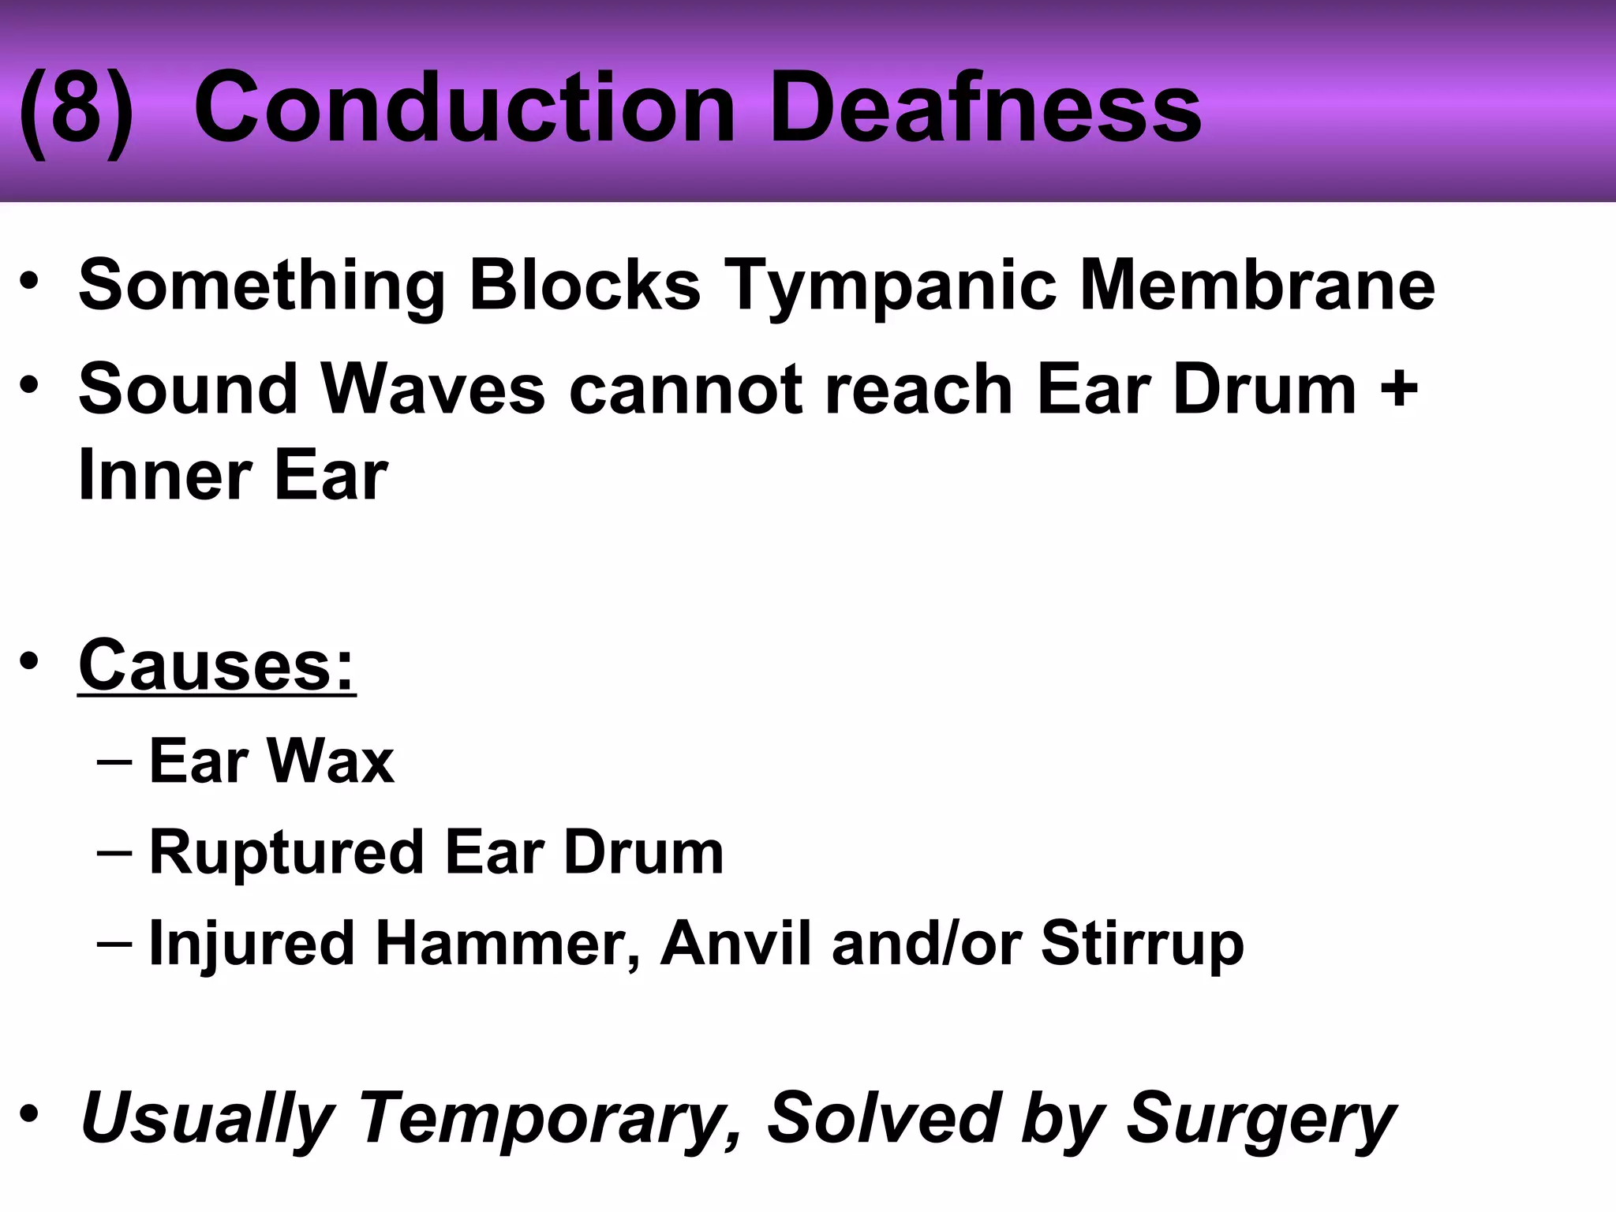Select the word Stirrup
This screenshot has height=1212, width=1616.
pyautogui.click(x=1142, y=944)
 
